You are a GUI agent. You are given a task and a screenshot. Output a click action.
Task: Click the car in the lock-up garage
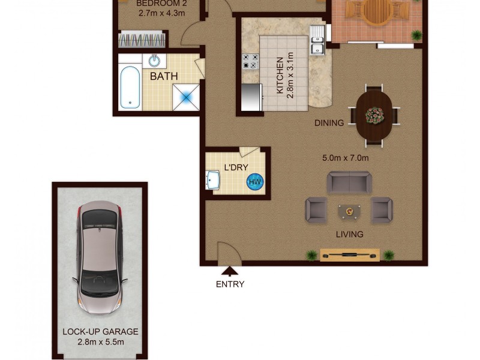(100, 259)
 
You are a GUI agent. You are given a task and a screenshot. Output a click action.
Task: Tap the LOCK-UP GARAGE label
(100, 332)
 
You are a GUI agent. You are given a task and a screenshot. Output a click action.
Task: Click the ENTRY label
(230, 284)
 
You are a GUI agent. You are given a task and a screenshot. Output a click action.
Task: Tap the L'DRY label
(236, 167)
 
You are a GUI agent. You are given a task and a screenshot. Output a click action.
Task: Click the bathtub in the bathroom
(130, 88)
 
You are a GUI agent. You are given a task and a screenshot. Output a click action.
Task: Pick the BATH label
(164, 77)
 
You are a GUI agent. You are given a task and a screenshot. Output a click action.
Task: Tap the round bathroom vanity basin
(155, 60)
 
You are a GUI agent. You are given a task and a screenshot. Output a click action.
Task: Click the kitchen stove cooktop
(250, 61)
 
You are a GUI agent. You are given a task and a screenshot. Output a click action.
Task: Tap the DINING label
(329, 123)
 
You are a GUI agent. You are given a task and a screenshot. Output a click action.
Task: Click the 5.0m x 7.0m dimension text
(345, 158)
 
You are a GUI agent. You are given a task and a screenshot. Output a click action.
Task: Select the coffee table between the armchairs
(349, 211)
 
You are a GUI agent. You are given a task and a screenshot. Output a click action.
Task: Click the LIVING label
(349, 234)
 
